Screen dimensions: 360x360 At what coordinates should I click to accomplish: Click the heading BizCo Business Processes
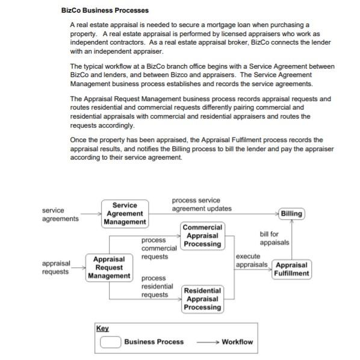[x=105, y=10]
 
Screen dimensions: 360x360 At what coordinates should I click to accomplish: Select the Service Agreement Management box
[x=125, y=214]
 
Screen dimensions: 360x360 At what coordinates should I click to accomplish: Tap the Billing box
[x=292, y=213]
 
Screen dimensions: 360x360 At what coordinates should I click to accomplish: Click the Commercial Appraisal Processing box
[x=203, y=236]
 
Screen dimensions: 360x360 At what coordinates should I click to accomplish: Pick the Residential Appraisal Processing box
[x=203, y=299]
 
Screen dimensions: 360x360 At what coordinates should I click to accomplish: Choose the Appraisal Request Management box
[x=109, y=267]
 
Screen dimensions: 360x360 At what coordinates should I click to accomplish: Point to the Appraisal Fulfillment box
[x=291, y=269]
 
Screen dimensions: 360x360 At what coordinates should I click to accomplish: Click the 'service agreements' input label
[x=60, y=214]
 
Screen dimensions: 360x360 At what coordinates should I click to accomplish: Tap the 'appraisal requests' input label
[x=56, y=267]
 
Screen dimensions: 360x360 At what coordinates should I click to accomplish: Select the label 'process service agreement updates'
[x=201, y=204]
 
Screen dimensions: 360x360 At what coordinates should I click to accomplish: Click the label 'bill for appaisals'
[x=274, y=238]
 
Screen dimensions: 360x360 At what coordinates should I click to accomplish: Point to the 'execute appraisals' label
[x=252, y=261]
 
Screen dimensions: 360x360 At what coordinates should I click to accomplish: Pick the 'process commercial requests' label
[x=158, y=249]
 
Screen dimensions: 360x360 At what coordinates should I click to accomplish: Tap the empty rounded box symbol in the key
[x=110, y=342]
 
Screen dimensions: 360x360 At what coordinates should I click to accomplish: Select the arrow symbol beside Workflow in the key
[x=206, y=342]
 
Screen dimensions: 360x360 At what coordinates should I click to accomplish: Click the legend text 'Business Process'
[x=154, y=342]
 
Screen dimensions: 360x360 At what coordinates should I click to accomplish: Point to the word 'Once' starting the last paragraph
[x=79, y=140]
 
